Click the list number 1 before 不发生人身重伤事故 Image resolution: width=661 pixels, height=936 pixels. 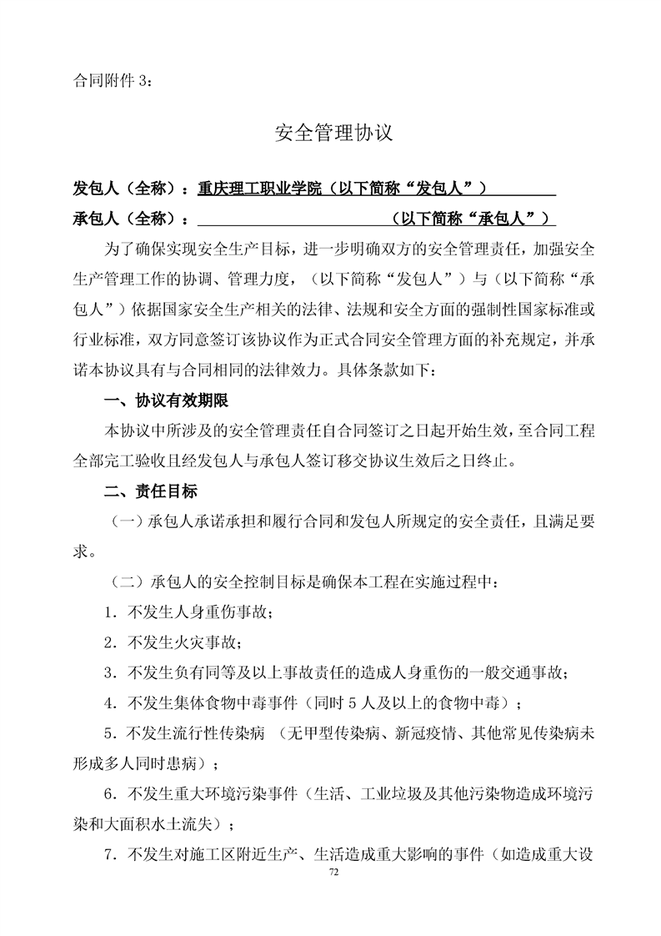pos(109,611)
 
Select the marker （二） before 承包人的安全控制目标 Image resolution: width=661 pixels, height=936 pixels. pos(123,581)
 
